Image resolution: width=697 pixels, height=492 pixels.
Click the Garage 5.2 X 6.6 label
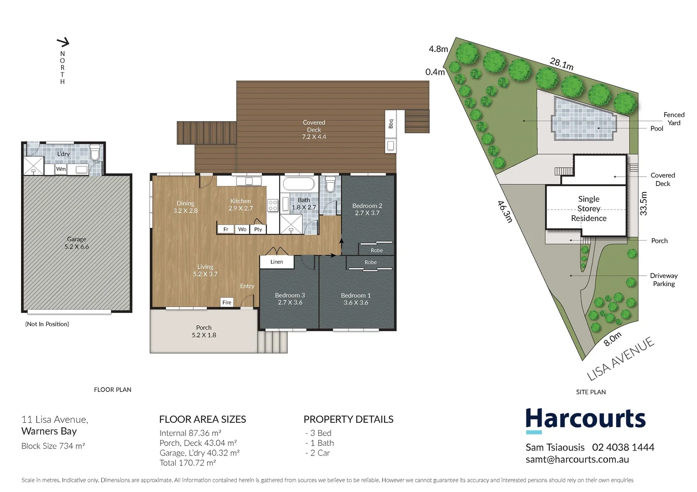pyautogui.click(x=77, y=243)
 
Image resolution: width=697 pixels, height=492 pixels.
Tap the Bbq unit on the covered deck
pyautogui.click(x=390, y=124)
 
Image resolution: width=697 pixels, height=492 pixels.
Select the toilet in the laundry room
pyautogui.click(x=95, y=153)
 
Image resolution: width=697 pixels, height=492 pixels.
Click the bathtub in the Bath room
pyautogui.click(x=299, y=184)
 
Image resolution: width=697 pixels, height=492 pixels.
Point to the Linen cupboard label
pyautogui.click(x=276, y=262)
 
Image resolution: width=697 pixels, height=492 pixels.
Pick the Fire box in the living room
pyautogui.click(x=227, y=302)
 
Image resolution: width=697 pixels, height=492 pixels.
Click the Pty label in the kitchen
pyautogui.click(x=258, y=229)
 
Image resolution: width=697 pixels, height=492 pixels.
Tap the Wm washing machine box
pyautogui.click(x=61, y=169)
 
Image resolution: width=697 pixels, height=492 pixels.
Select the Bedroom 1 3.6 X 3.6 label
pyautogui.click(x=356, y=299)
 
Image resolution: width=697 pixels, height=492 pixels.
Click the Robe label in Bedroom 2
pyautogui.click(x=377, y=250)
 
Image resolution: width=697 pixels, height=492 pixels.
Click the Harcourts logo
pyautogui.click(x=585, y=420)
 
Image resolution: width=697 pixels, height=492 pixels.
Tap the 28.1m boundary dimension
pyautogui.click(x=562, y=64)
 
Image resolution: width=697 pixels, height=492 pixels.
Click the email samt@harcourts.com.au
pyautogui.click(x=577, y=460)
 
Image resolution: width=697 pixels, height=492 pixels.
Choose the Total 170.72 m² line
pyautogui.click(x=187, y=463)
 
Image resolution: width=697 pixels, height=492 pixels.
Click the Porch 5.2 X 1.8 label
pyautogui.click(x=204, y=331)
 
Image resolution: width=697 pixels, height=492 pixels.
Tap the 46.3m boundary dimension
pyautogui.click(x=505, y=211)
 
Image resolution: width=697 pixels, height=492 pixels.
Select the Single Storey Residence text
pyautogui.click(x=588, y=209)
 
